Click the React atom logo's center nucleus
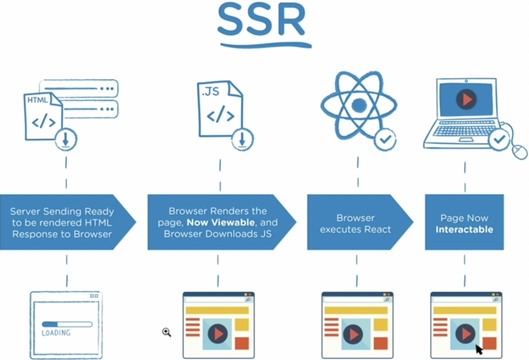click(x=358, y=105)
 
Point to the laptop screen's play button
click(x=466, y=99)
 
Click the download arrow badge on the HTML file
click(x=65, y=140)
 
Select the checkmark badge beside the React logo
click(x=384, y=139)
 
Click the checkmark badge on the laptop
click(x=498, y=140)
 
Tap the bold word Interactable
click(x=464, y=230)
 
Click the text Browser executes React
click(x=355, y=223)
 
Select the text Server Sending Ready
click(x=62, y=211)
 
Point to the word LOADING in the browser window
click(x=56, y=333)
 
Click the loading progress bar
click(x=66, y=324)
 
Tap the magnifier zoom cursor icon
click(x=166, y=332)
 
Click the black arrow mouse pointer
click(x=479, y=349)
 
